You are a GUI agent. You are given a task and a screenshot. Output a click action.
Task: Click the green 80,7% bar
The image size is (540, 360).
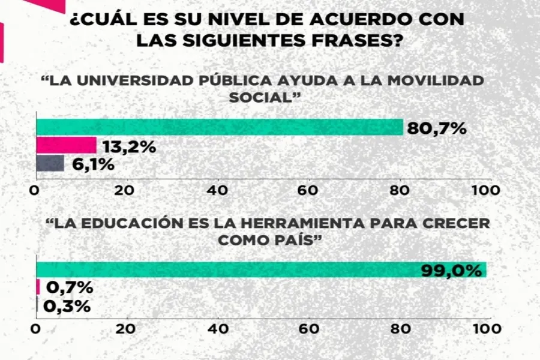coord(220,127)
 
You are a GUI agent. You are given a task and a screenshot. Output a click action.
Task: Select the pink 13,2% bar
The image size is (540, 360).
coord(66,145)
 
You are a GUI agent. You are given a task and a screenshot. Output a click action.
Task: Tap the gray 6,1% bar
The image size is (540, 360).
coord(50,163)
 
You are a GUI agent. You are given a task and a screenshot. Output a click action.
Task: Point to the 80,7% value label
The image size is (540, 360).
coord(436,128)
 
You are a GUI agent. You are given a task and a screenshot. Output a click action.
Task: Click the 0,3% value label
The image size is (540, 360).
coord(67,306)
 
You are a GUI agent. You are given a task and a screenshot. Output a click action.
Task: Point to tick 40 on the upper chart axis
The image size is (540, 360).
coord(218,190)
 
